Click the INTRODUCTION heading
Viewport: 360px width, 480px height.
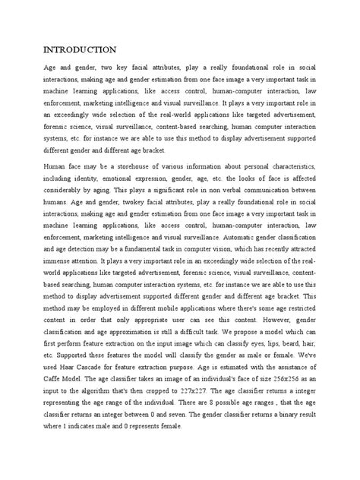(x=79, y=50)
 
